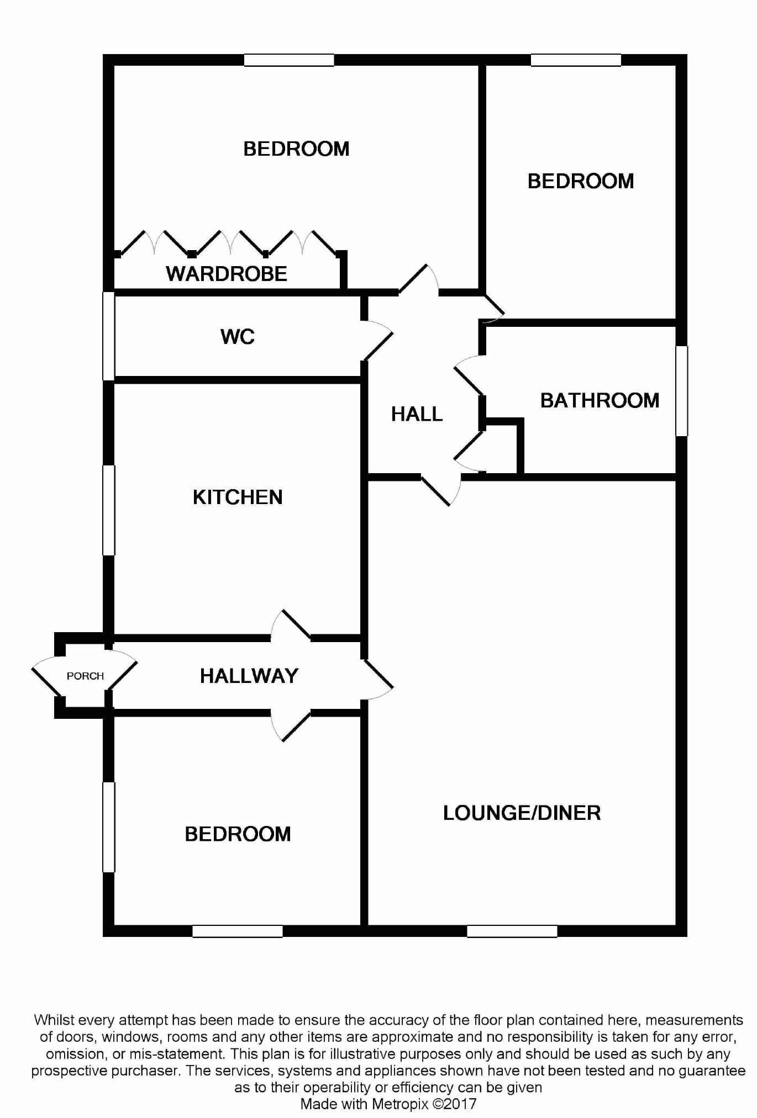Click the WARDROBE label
(227, 274)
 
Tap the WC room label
(238, 336)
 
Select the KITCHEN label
(238, 497)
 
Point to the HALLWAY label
(249, 676)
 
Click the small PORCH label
(85, 676)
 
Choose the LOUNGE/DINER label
(522, 813)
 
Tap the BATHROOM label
(600, 400)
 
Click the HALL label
(417, 414)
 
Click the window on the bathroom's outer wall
(682, 391)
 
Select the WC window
(109, 336)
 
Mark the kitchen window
(109, 510)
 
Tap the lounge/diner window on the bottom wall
(512, 931)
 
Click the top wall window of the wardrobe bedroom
(289, 60)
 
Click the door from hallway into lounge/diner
(378, 680)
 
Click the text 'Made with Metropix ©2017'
(388, 1104)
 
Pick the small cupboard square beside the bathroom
(502, 448)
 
